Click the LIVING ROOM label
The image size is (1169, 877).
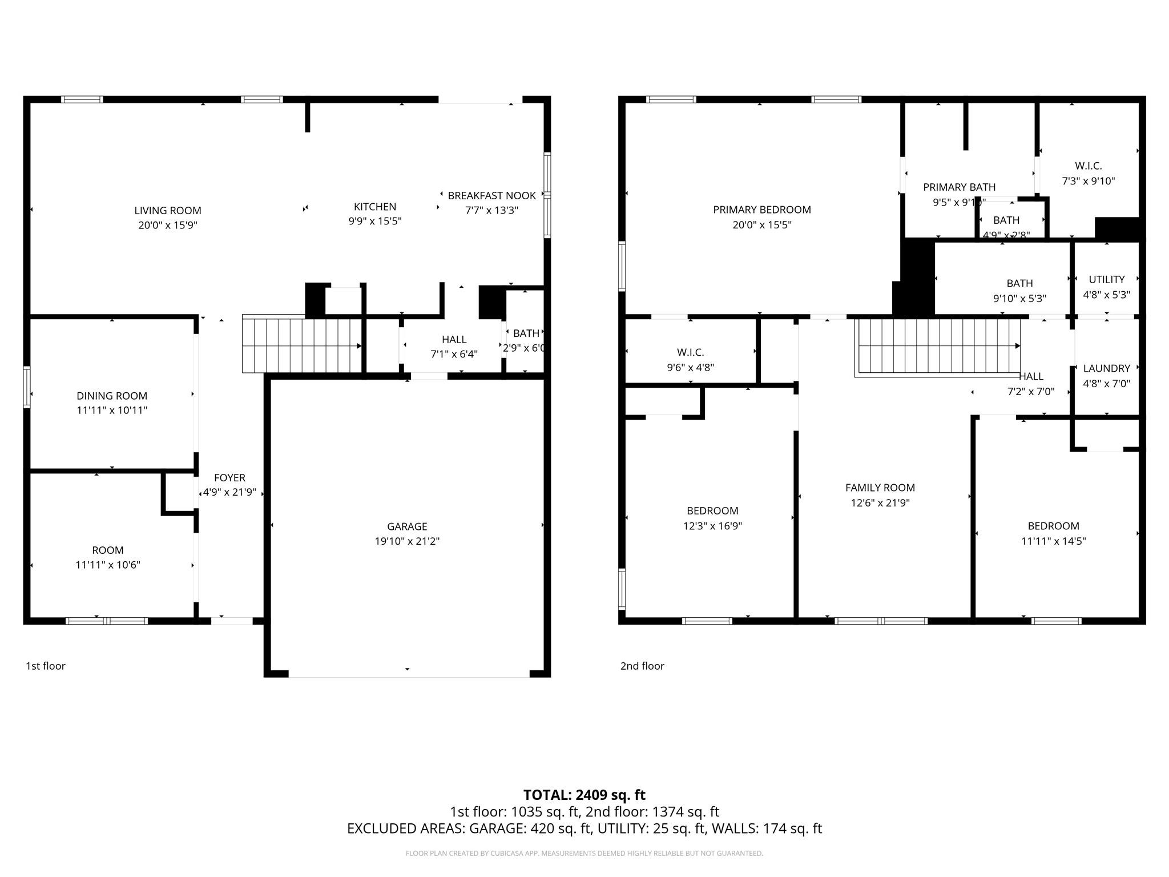[x=168, y=211]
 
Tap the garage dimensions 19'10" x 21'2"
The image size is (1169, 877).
[x=407, y=541]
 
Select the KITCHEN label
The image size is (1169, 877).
[x=374, y=207]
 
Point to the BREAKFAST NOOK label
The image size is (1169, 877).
[x=491, y=196]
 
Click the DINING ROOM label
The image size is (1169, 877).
[x=112, y=396]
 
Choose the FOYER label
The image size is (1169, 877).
[x=229, y=478]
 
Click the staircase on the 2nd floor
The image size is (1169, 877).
[x=939, y=346]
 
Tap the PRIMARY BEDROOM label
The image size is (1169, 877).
[x=761, y=210]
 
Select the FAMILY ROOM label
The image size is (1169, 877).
[x=880, y=488]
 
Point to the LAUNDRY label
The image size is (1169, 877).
[x=1106, y=369]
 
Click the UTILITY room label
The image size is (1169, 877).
[x=1106, y=280]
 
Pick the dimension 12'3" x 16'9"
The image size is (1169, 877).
[x=712, y=526]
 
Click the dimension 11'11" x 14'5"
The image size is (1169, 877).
[x=1053, y=541]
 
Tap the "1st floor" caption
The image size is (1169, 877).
[x=46, y=666]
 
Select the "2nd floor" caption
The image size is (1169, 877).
[x=642, y=666]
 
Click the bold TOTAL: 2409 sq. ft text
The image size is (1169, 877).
[x=584, y=795]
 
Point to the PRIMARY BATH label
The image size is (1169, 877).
[x=959, y=187]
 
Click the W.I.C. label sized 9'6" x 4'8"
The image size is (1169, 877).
[x=690, y=353]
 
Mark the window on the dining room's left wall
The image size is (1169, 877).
[x=26, y=387]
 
